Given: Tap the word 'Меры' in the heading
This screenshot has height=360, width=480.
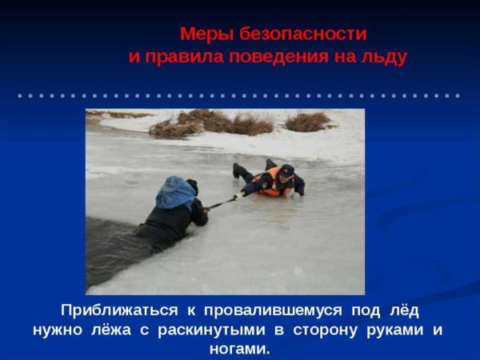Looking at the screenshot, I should click(x=201, y=34).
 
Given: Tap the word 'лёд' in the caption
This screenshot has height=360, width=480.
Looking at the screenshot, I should click(x=402, y=310).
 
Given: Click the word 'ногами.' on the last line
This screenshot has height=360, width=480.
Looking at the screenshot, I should click(x=239, y=349).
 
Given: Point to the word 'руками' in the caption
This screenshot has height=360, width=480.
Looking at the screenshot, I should click(x=387, y=330).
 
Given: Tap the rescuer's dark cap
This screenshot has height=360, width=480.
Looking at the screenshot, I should click(x=287, y=170).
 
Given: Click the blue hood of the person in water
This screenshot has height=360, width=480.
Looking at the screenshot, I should click(x=175, y=193).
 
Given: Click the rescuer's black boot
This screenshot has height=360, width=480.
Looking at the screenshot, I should click(x=238, y=170).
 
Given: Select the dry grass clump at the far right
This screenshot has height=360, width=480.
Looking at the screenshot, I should click(x=307, y=122).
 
